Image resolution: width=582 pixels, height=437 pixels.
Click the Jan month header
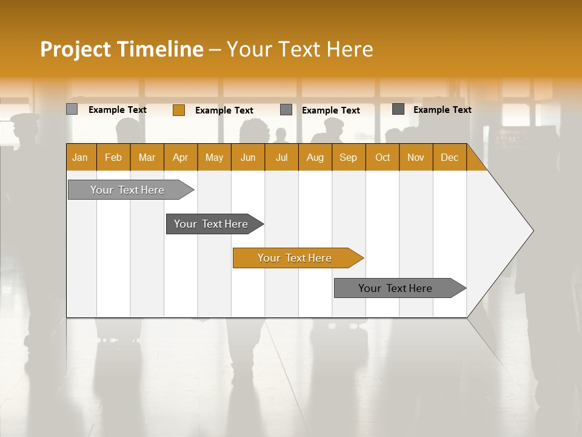tap(81, 157)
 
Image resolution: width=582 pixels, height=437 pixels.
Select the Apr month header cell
tap(181, 157)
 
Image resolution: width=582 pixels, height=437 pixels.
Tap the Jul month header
tap(281, 157)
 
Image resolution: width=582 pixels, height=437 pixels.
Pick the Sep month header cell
tap(349, 157)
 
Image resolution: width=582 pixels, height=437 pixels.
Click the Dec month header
tap(449, 157)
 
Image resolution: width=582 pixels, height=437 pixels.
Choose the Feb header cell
tap(113, 157)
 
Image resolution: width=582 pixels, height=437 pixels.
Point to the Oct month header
tap(383, 157)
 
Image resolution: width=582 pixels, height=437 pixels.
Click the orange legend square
tap(178, 110)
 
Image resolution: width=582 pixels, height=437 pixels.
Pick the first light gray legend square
tap(72, 109)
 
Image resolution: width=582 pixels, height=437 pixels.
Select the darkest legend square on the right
tap(398, 109)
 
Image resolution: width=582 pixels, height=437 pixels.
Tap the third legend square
tap(286, 110)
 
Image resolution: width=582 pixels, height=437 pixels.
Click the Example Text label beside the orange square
tap(224, 110)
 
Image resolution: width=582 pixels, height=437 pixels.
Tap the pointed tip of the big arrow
tap(532, 231)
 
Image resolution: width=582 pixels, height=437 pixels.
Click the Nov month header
tap(416, 157)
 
